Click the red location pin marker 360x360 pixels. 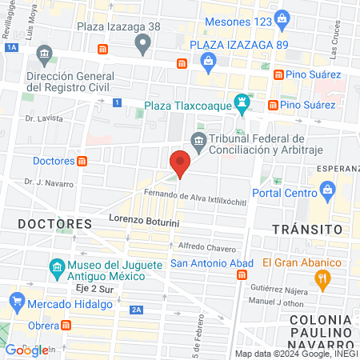pyautogui.click(x=180, y=164)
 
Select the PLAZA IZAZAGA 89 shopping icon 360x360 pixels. pyautogui.click(x=208, y=61)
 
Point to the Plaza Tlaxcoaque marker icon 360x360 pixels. pyautogui.click(x=240, y=103)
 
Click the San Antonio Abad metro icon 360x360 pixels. pyautogui.click(x=242, y=274)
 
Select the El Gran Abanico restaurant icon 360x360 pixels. pyautogui.click(x=323, y=278)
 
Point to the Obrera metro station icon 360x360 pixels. pyautogui.click(x=66, y=326)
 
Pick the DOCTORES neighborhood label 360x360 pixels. pyautogui.click(x=55, y=223)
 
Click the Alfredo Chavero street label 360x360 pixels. pyautogui.click(x=206, y=246)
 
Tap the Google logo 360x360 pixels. pyautogui.click(x=26, y=350)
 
